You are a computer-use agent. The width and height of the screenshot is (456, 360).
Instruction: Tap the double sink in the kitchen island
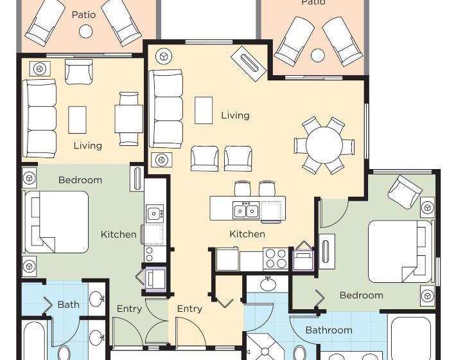(x=246, y=210)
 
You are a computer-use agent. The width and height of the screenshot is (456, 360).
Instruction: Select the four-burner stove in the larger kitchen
(x=276, y=258)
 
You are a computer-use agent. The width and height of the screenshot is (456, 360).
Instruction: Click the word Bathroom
(x=329, y=330)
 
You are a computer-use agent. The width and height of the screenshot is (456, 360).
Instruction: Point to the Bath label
(x=69, y=305)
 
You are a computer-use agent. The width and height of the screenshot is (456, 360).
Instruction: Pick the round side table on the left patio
(x=86, y=31)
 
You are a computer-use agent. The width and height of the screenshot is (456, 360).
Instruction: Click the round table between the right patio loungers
(x=317, y=55)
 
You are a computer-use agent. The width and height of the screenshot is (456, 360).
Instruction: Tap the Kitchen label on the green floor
(x=118, y=234)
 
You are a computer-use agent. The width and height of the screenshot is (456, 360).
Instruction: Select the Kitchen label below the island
(x=247, y=234)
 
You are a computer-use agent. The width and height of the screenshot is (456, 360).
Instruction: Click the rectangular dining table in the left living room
(x=128, y=119)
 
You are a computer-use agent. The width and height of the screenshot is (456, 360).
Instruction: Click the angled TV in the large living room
(x=249, y=64)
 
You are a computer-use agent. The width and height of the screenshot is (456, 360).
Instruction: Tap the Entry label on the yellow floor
(x=189, y=309)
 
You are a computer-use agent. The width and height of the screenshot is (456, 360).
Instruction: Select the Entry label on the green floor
(x=129, y=309)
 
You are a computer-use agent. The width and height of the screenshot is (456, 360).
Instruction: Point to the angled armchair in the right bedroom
(x=405, y=192)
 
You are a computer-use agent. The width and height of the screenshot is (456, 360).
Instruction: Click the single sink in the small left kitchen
(x=154, y=214)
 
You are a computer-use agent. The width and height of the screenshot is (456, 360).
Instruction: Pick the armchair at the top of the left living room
(x=78, y=72)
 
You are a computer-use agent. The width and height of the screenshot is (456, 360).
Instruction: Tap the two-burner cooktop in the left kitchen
(x=149, y=254)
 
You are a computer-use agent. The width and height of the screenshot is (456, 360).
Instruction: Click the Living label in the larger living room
(x=235, y=116)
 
